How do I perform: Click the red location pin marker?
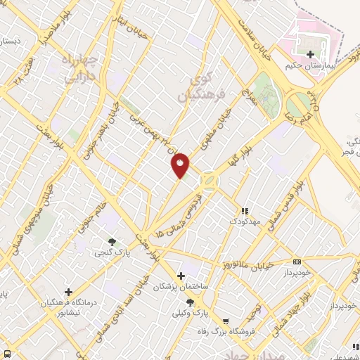coord(181,165)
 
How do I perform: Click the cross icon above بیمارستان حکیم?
coord(310,53)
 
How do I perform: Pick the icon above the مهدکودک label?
coord(245,211)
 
